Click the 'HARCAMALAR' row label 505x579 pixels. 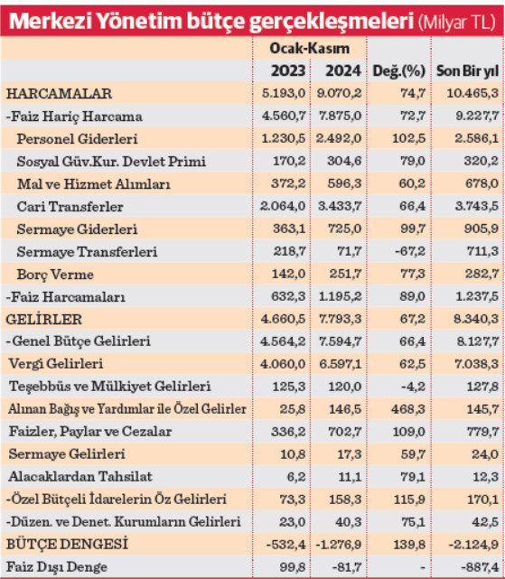tap(59, 94)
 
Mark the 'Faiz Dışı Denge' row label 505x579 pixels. tap(56, 566)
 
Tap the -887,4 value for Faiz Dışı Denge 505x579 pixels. tap(478, 566)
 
